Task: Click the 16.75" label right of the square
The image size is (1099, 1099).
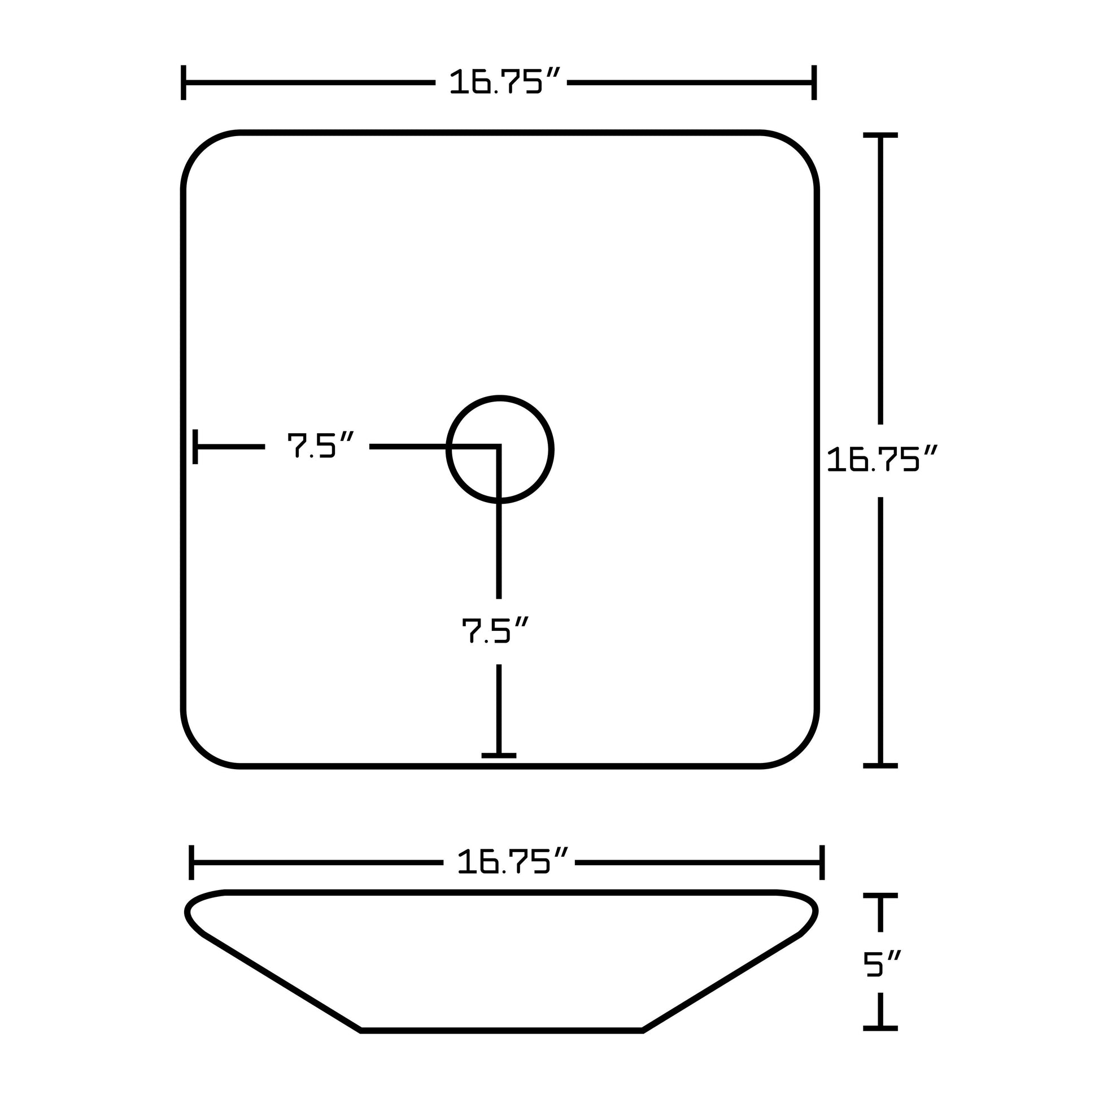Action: [880, 460]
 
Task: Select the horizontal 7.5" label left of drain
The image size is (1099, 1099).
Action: [319, 446]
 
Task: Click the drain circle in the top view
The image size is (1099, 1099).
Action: [499, 450]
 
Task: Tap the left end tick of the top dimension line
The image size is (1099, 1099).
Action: [183, 82]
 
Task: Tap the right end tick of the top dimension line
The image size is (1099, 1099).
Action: [814, 82]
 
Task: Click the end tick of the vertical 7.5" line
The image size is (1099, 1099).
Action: [499, 756]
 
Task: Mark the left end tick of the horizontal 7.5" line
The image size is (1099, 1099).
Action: [195, 447]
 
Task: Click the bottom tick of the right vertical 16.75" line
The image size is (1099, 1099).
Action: [880, 766]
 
